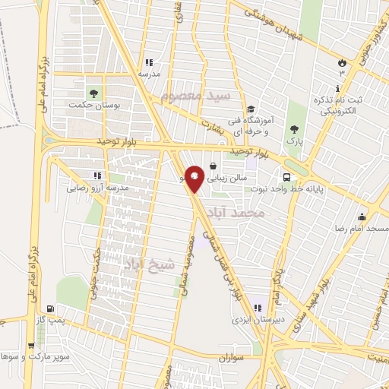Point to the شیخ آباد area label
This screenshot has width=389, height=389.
click(x=149, y=263)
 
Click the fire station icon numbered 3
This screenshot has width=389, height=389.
click(x=342, y=62)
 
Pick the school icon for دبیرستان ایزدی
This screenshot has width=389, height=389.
click(x=257, y=307)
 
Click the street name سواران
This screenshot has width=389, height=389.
click(x=227, y=356)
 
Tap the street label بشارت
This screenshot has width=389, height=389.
click(x=215, y=127)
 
